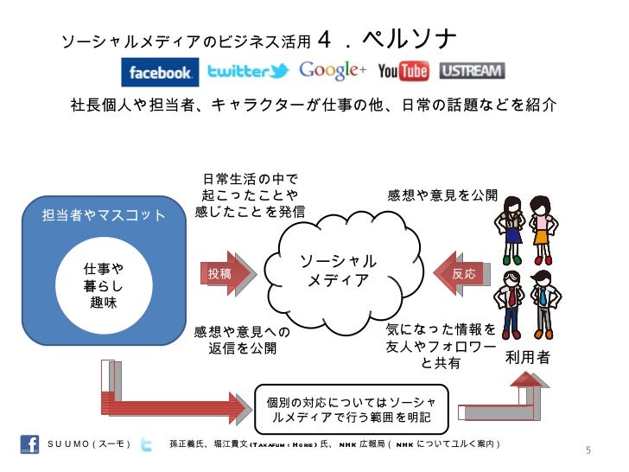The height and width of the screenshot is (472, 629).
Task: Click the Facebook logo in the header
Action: coord(160,73)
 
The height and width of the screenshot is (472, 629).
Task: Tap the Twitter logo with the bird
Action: coord(248,72)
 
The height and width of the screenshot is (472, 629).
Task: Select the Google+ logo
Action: coord(332,70)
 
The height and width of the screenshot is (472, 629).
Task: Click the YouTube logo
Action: coord(403,71)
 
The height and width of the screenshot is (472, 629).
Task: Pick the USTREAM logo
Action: coord(472,71)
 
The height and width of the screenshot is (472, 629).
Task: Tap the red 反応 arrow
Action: coord(461,273)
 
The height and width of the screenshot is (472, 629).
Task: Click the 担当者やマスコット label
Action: coord(105,214)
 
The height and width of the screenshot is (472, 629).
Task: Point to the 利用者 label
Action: coord(527,357)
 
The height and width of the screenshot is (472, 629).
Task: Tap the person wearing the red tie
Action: coord(511,302)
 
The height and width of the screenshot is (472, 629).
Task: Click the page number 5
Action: coord(588,451)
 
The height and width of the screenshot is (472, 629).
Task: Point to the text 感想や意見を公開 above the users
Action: coord(442,195)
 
